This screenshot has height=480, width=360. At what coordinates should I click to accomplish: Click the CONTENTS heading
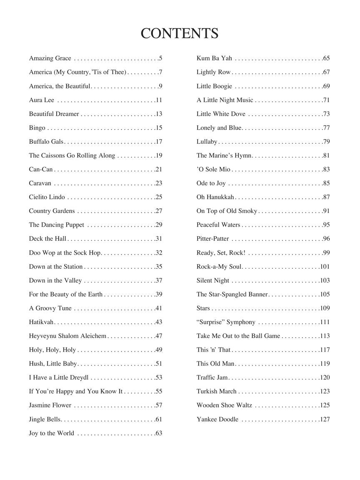(180, 33)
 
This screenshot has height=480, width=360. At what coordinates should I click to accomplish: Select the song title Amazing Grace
(50, 58)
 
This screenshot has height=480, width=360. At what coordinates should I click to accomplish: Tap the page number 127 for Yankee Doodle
(325, 419)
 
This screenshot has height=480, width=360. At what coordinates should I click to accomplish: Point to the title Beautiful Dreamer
(54, 114)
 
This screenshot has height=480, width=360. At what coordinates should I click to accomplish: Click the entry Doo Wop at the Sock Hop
(65, 252)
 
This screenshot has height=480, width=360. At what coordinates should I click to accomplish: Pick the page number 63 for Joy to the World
(158, 433)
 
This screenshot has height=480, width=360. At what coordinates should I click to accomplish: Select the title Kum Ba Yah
(214, 58)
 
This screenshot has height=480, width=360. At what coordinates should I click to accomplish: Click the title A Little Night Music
(225, 100)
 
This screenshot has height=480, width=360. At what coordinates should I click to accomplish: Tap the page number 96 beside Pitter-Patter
(326, 239)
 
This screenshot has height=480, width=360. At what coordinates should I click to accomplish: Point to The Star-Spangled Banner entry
(232, 294)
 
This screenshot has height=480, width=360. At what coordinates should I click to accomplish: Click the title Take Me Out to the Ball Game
(238, 336)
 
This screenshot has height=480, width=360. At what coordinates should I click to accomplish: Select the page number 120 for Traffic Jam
(325, 377)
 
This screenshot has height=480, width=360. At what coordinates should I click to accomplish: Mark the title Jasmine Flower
(50, 405)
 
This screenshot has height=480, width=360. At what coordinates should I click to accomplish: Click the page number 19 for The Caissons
(158, 155)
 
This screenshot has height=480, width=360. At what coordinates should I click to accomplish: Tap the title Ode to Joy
(211, 183)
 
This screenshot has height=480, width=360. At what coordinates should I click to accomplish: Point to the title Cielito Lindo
(47, 197)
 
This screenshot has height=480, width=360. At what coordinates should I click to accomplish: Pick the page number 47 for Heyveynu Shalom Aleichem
(158, 336)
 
